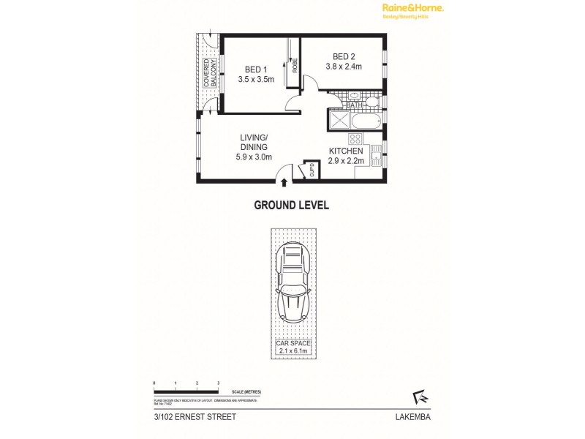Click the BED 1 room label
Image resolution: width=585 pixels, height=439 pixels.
point(256,70)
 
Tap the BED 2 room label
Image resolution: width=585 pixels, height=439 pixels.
point(344,56)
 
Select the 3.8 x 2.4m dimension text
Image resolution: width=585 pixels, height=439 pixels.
point(344,67)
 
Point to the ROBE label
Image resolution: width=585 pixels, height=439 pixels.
point(295,65)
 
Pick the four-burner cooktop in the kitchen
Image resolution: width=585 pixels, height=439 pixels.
point(355,138)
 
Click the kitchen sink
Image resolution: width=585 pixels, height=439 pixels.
point(376,154)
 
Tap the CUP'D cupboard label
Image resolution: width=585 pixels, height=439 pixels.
point(312,173)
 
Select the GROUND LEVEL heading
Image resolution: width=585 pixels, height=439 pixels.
point(291,206)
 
